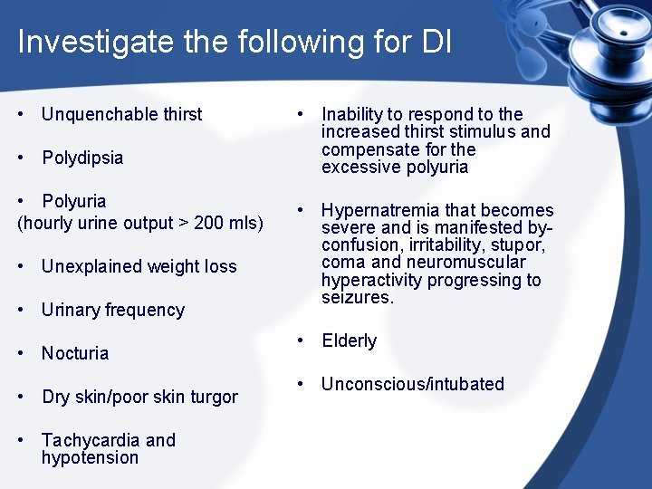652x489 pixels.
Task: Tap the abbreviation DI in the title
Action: coord(435,43)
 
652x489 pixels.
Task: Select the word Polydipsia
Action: coord(82,158)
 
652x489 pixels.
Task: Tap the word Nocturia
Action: coord(75,353)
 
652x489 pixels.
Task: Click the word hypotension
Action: coord(90,457)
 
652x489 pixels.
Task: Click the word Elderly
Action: coord(349,340)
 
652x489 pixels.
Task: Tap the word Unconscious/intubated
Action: coord(412,384)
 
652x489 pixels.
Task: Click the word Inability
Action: coord(353,114)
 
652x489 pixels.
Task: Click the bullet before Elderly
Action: coord(302,340)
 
